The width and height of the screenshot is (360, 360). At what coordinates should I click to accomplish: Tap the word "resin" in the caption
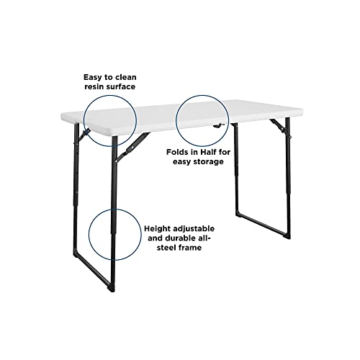(94, 86)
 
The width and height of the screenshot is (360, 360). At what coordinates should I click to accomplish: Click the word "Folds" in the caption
(176, 152)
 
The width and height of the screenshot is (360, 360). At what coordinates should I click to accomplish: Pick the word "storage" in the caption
(208, 161)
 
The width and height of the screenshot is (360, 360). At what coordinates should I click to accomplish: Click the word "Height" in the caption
(157, 229)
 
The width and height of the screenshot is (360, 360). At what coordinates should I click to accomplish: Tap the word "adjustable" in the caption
(194, 229)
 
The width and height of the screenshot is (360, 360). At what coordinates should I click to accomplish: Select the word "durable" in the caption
(183, 238)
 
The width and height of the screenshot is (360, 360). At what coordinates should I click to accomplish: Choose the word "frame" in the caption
(190, 248)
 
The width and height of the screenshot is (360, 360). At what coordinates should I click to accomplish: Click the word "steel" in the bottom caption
(167, 248)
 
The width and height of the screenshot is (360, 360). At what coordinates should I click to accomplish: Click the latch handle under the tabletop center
(218, 125)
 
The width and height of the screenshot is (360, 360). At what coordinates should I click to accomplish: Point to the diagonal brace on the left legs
(132, 147)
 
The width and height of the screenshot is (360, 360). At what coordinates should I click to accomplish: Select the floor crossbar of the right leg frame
(262, 226)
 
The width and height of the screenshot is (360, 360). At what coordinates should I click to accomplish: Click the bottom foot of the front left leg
(112, 289)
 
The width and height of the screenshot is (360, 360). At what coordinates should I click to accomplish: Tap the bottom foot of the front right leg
(287, 236)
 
